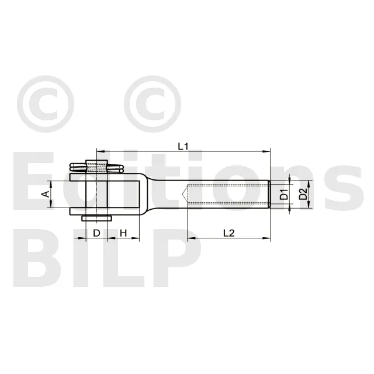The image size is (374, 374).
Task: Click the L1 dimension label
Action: point(183,147)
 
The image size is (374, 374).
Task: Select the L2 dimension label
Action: point(229,233)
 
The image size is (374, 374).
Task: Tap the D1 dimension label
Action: point(284,194)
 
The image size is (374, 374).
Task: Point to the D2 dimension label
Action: point(303,194)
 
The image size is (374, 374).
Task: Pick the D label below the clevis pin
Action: point(96,233)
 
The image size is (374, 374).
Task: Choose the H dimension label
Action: point(123,233)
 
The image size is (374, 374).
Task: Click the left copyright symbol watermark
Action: point(46,104)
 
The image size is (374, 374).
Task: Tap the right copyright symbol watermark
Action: point(153,104)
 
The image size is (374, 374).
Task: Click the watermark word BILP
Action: point(108,258)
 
